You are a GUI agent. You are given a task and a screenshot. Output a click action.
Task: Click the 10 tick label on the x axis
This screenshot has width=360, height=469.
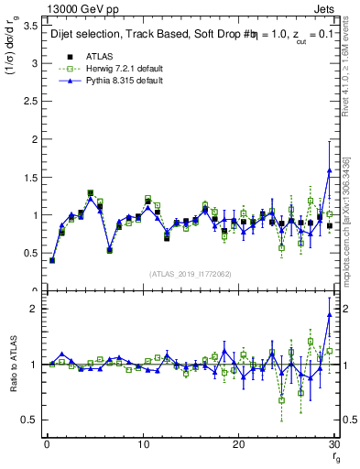coord(143,444)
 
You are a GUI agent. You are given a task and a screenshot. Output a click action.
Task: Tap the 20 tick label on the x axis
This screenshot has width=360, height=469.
coord(238,444)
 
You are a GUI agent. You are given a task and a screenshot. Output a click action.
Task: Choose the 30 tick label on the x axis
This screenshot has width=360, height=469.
coord(333,444)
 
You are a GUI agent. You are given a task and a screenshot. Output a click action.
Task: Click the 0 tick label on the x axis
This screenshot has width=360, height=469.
coord(47,444)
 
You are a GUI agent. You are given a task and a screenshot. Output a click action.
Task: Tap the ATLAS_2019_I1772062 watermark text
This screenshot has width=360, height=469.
coord(191,274)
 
